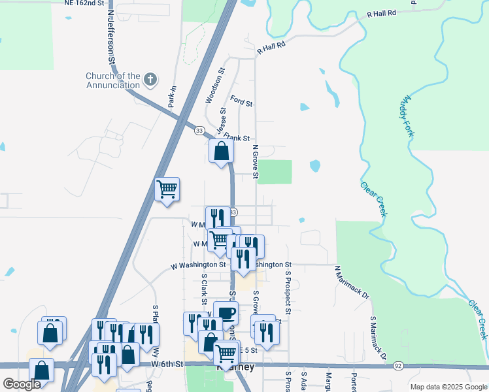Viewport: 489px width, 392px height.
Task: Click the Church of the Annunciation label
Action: coord(112,80)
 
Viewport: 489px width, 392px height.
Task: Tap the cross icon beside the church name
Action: coord(151,80)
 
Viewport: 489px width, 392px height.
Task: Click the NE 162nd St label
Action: coord(84,3)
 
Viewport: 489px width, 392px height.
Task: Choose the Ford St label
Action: coord(241,101)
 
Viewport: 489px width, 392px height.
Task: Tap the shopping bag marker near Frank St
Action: coord(222,151)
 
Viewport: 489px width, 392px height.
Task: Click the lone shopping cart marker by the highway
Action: coord(167,189)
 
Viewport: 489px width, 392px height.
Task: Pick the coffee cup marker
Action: coord(226,313)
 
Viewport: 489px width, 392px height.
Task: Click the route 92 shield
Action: coord(398,366)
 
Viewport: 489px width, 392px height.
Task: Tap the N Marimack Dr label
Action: coord(352,282)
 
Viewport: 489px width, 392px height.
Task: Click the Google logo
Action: coord(22,384)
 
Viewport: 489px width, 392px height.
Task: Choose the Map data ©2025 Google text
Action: coord(448,387)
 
